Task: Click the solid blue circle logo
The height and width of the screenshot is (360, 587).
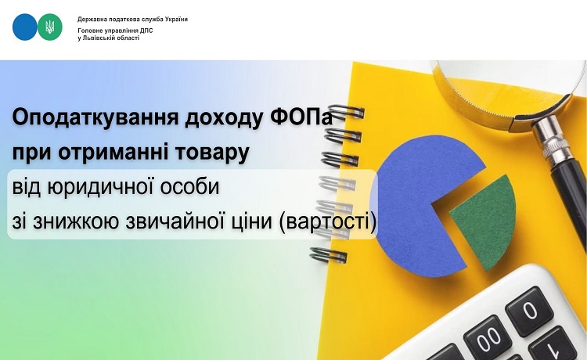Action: (x=25, y=27)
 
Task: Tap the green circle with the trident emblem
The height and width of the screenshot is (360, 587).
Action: (x=50, y=27)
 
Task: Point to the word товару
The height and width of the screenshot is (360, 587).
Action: (x=212, y=153)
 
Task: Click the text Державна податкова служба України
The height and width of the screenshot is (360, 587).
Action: (x=132, y=19)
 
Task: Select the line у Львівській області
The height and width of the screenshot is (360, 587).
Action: (x=109, y=38)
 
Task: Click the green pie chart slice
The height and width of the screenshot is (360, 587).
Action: (x=482, y=221)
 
